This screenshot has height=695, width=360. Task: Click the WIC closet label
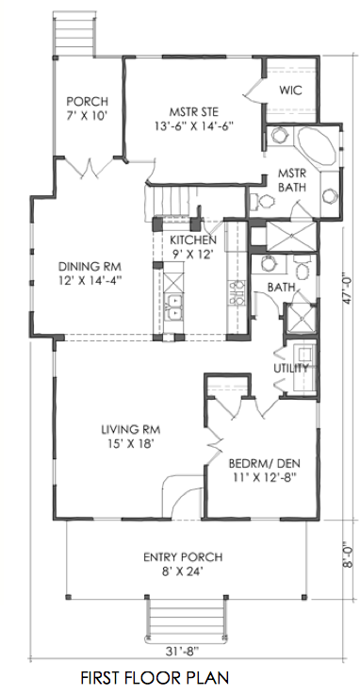point(290,91)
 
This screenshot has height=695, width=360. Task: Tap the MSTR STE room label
point(194,111)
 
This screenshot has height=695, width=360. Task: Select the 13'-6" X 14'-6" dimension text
point(194,125)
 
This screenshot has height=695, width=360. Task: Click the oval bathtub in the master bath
point(316,147)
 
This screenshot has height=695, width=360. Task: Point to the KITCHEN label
point(193,240)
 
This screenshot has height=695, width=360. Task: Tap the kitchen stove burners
point(236,292)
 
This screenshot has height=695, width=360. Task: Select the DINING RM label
point(90,267)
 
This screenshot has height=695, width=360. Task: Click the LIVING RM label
point(131,429)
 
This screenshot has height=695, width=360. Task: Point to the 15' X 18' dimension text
point(131,444)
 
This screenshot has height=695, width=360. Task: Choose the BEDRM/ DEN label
point(265,464)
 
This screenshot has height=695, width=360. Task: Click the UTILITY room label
point(291,369)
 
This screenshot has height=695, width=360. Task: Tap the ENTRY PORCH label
point(183,557)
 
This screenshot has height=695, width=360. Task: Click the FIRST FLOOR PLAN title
point(155,678)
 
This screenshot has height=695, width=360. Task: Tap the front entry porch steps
point(186,618)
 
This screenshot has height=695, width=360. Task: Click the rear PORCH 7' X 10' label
point(88,108)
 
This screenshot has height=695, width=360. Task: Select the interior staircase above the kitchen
point(170,202)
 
